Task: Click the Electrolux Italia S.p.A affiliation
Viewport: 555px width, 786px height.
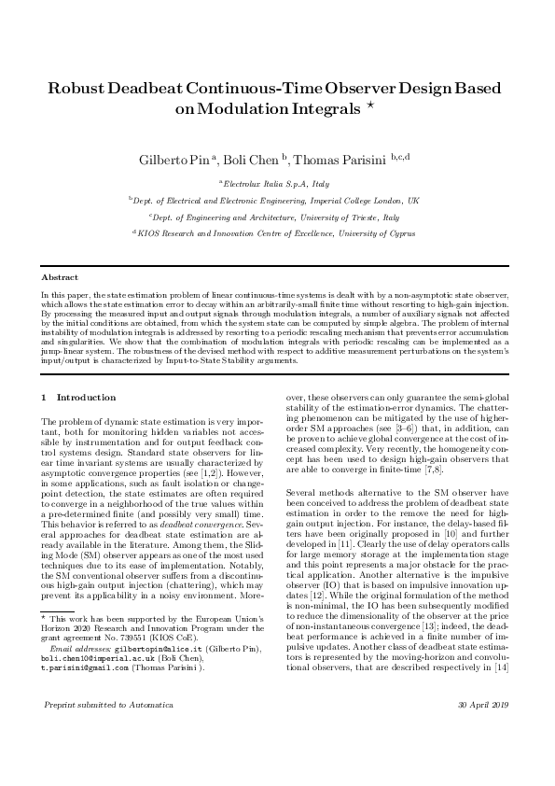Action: click(276, 185)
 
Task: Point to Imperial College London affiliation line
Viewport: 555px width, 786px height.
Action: click(276, 201)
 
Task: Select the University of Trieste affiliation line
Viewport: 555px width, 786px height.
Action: click(276, 217)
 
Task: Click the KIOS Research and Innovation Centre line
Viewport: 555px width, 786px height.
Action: click(276, 232)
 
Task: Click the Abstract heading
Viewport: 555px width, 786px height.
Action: click(60, 278)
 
